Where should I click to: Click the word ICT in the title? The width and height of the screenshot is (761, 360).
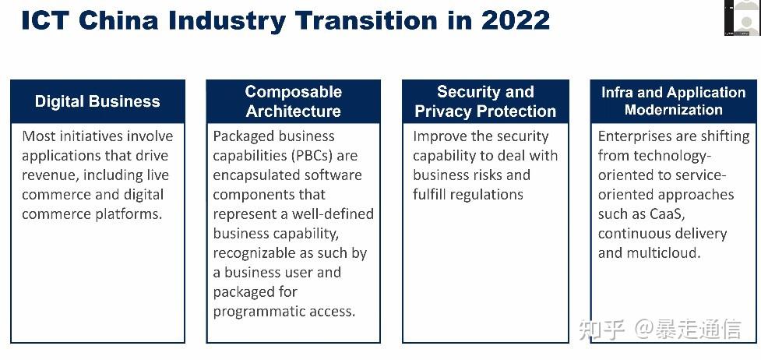pos(48,19)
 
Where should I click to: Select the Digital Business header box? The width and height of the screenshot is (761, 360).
pos(97,101)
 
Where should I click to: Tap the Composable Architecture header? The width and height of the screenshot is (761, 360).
pos(293,101)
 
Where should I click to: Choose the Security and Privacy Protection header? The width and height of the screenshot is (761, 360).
pos(485,101)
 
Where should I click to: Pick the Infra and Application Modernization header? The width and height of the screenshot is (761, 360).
pos(673,101)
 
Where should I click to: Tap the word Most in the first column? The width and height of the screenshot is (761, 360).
pos(38,136)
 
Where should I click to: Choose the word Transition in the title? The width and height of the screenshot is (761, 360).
pos(389,19)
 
